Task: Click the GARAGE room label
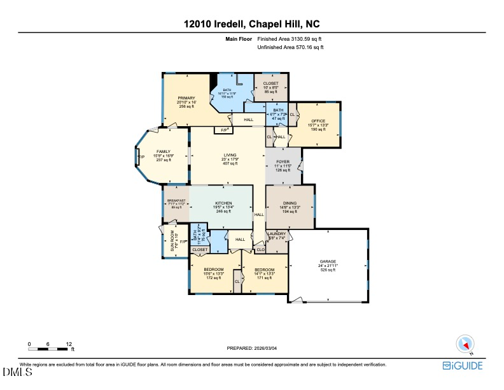(x=328, y=262)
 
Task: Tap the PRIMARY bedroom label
(x=186, y=98)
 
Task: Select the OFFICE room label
(x=318, y=121)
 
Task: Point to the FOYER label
(x=283, y=162)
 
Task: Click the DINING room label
(x=289, y=203)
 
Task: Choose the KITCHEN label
(x=223, y=203)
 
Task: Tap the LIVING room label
(x=230, y=155)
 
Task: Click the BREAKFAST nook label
(x=176, y=201)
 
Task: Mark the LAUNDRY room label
(x=276, y=234)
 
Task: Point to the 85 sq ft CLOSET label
(x=271, y=83)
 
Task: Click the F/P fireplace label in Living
(x=223, y=131)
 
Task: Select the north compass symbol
(x=464, y=345)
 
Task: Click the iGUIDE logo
(x=463, y=366)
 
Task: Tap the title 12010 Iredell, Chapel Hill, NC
(x=251, y=24)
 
